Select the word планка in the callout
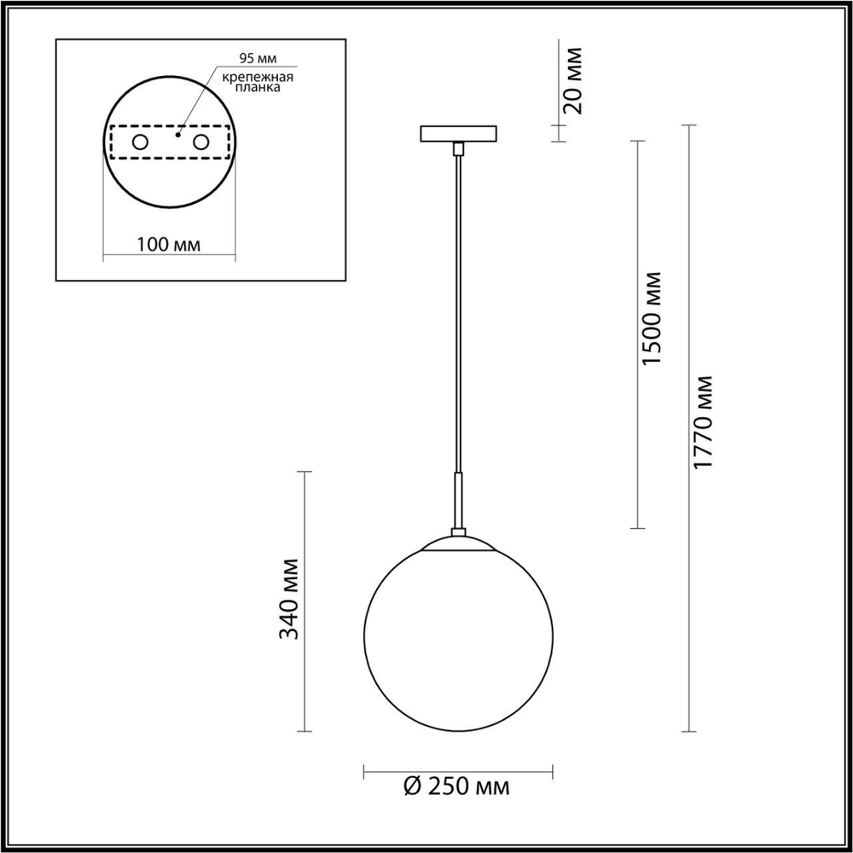pos(258,89)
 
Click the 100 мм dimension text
pos(168,245)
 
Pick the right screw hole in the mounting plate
pos(200,142)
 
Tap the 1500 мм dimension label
pos(652,318)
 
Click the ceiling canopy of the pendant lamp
pos(459,135)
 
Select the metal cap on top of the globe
pos(459,542)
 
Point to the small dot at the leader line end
pos(178,134)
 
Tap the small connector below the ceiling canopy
pos(459,150)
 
